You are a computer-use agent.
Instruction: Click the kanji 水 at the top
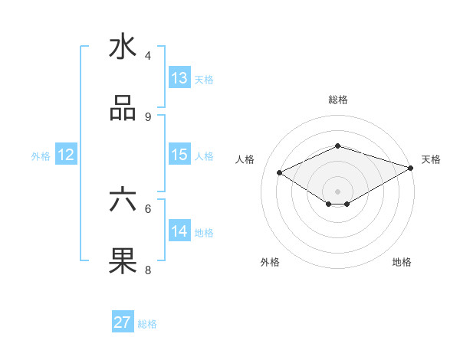click(x=123, y=47)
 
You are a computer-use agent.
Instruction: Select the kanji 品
click(x=123, y=109)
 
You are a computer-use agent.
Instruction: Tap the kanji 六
click(x=123, y=200)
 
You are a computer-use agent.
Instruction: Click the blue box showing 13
click(x=179, y=78)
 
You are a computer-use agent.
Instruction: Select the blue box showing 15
click(x=179, y=155)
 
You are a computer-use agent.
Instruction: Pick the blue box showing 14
click(x=179, y=231)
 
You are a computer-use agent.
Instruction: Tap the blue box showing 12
click(x=66, y=155)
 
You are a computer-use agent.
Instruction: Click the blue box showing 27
click(x=123, y=322)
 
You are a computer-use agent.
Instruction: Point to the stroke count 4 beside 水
click(x=148, y=55)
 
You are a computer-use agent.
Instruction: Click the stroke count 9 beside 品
click(x=148, y=116)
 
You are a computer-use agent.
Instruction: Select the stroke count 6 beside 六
click(x=148, y=208)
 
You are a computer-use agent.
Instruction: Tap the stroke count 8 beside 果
click(x=148, y=269)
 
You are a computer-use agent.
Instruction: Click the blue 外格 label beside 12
click(x=41, y=155)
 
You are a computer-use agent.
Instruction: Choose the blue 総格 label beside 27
click(x=147, y=323)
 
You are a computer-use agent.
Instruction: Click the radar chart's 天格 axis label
click(x=431, y=159)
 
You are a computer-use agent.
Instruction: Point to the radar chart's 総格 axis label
click(x=338, y=100)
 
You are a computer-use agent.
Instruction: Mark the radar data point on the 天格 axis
click(x=411, y=168)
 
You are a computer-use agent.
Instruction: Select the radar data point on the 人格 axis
click(x=280, y=172)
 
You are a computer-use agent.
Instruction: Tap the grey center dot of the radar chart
click(x=338, y=191)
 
